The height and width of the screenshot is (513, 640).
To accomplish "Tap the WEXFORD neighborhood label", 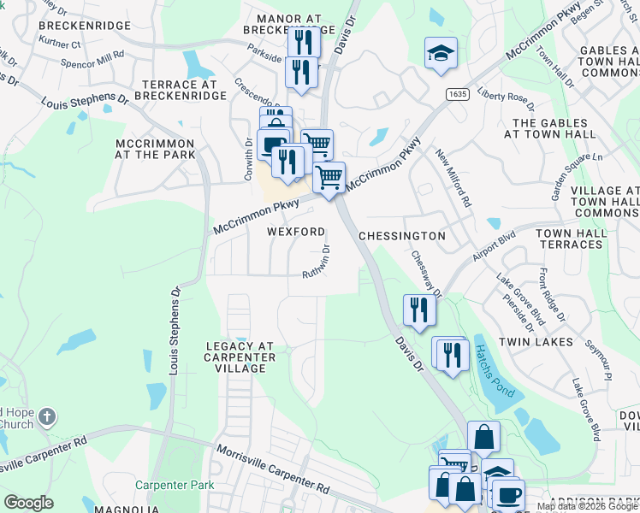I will [x=296, y=232].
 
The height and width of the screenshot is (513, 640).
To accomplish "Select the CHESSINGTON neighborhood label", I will [x=401, y=235].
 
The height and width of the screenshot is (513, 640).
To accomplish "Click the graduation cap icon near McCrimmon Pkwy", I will [x=441, y=53].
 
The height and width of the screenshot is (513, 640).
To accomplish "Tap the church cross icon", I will [x=47, y=417].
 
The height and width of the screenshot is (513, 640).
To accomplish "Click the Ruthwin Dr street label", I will [x=316, y=260].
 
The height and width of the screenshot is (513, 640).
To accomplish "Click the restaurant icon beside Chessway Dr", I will [x=418, y=310].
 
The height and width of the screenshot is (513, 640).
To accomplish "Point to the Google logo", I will [x=28, y=503].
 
